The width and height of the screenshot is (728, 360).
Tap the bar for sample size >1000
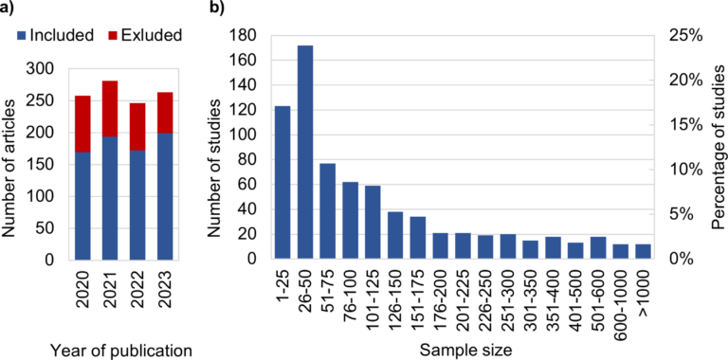643,251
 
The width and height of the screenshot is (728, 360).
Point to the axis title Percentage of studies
718,147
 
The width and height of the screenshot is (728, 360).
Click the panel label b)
217,9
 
